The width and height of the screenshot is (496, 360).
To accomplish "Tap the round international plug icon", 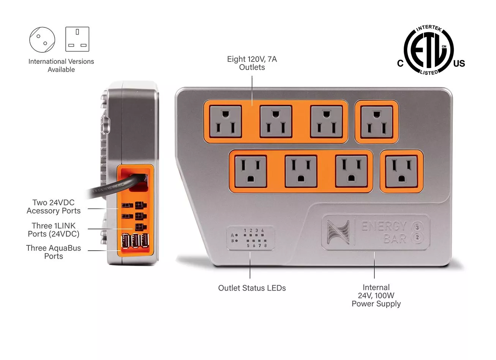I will (42, 39).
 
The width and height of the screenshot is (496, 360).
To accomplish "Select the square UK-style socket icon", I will (77, 39).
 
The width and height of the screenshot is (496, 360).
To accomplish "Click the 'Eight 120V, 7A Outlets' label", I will (252, 63).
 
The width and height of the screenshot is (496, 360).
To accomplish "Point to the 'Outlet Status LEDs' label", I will (252, 288).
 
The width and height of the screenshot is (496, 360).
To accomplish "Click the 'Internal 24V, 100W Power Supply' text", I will (376, 295).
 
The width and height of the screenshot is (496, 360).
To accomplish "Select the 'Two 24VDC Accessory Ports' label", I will (54, 207).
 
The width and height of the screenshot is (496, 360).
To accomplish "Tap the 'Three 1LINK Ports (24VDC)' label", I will (54, 230).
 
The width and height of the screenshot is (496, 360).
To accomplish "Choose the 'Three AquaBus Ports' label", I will (54, 252).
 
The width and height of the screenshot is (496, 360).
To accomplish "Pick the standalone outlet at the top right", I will (376, 122).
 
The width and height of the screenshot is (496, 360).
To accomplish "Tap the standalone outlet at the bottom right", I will (401, 171).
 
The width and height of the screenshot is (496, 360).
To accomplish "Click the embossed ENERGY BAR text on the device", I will (384, 232).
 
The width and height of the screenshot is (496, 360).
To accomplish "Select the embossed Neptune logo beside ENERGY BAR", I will (337, 232).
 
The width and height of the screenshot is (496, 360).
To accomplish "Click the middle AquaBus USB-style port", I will (135, 242).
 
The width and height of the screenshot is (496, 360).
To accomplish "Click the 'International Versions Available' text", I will (61, 65).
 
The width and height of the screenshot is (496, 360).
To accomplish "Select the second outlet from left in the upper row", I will (276, 121).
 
